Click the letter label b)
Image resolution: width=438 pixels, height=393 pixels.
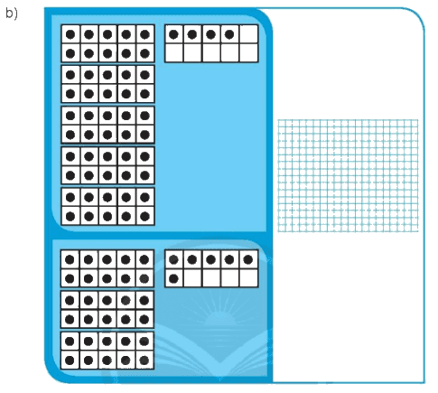click(x=12, y=14)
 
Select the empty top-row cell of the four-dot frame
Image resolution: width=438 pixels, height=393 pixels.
click(x=248, y=34)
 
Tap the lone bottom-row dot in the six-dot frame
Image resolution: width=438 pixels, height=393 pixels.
click(x=173, y=278)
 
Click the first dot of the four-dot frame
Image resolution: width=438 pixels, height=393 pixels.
click(x=173, y=34)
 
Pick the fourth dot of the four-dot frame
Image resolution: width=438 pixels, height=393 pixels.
click(x=229, y=34)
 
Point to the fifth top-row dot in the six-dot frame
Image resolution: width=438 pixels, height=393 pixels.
click(x=248, y=259)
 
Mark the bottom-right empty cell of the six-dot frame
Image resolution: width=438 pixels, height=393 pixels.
click(x=248, y=278)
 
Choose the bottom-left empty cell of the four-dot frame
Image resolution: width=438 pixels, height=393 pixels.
click(x=174, y=53)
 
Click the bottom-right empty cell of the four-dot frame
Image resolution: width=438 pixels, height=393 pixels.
click(x=248, y=53)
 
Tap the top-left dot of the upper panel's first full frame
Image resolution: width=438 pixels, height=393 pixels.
click(x=70, y=34)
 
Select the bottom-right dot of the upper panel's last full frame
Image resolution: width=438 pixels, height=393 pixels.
click(x=144, y=216)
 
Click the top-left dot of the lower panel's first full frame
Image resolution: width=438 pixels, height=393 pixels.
click(x=70, y=259)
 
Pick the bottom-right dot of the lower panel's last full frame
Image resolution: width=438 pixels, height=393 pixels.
click(x=144, y=360)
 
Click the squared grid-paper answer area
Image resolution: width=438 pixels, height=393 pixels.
click(x=348, y=175)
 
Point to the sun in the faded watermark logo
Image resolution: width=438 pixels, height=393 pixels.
click(x=219, y=319)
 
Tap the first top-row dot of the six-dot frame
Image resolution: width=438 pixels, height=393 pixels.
click(x=173, y=259)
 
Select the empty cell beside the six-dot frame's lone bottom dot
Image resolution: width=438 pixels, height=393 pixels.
click(x=192, y=278)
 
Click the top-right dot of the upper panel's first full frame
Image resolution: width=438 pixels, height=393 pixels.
click(x=144, y=34)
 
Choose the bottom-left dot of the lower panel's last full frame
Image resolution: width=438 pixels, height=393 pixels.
click(x=70, y=360)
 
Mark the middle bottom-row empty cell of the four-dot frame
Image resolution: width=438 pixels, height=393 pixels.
click(x=211, y=53)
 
